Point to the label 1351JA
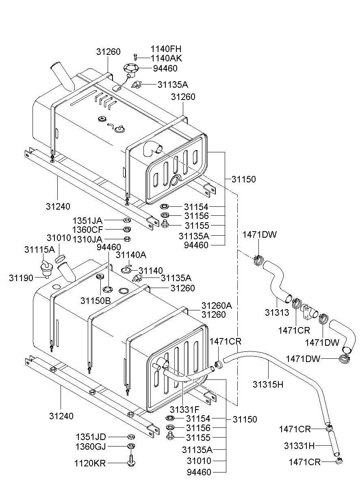[x=87, y=220]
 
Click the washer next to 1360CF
[x=126, y=230]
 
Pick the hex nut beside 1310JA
[x=126, y=238]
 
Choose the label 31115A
[x=39, y=249]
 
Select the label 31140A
[x=131, y=255]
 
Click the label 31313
[x=277, y=312]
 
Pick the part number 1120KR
[x=90, y=463]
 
